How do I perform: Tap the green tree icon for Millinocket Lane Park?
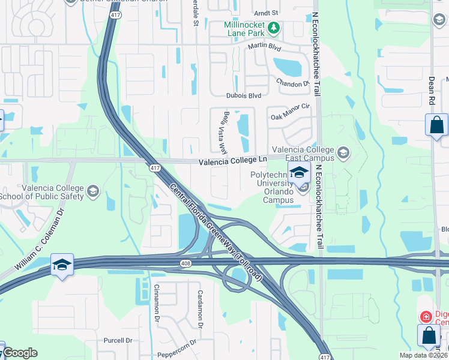[273, 28]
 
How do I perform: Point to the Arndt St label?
[267, 12]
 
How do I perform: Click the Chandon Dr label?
[292, 83]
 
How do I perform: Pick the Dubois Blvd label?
[244, 95]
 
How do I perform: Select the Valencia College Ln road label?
[232, 160]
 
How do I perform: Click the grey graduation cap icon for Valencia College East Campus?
[343, 153]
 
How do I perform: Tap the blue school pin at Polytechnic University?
[298, 172]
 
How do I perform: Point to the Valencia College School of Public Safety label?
[52, 191]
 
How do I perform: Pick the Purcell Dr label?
[118, 340]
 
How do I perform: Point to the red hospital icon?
[426, 316]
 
